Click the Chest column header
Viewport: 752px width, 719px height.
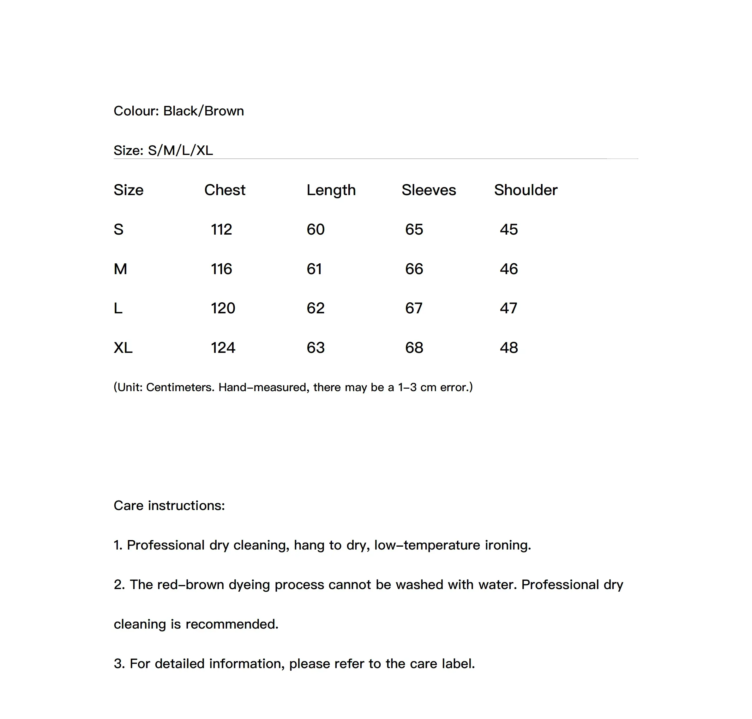click(225, 190)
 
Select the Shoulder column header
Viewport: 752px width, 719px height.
click(526, 190)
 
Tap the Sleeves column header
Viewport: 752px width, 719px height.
click(429, 190)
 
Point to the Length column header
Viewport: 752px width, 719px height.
click(331, 190)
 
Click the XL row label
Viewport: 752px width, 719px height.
click(123, 347)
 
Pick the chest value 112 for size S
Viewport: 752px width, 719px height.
click(221, 230)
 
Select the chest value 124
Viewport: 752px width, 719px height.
click(223, 347)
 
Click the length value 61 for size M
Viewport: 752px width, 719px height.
click(314, 269)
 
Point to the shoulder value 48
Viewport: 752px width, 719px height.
click(509, 347)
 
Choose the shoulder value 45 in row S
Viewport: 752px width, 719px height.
click(509, 230)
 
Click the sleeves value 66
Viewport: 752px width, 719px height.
click(414, 269)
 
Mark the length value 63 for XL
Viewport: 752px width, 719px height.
click(316, 347)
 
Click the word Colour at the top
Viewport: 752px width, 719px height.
click(136, 111)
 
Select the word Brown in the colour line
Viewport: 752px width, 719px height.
click(224, 111)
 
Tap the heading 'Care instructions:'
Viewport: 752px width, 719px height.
click(169, 506)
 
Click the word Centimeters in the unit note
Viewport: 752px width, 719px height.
click(180, 387)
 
